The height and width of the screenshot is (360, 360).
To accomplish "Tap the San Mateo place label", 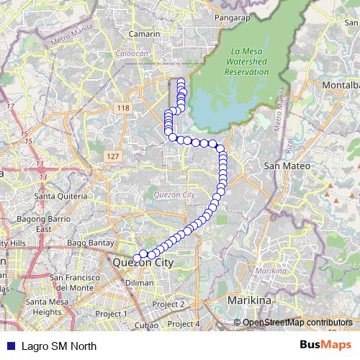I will click(287, 166).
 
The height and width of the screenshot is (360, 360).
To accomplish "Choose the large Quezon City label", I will click(143, 264).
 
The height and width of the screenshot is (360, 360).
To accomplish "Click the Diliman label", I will click(140, 282).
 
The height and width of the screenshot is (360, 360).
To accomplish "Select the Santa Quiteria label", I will click(62, 196).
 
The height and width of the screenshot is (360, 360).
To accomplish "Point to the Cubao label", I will click(145, 325).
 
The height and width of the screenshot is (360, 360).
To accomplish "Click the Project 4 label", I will click(184, 324).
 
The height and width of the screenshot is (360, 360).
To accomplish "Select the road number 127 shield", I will click(112, 156).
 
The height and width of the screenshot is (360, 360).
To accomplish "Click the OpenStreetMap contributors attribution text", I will click(297, 323).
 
